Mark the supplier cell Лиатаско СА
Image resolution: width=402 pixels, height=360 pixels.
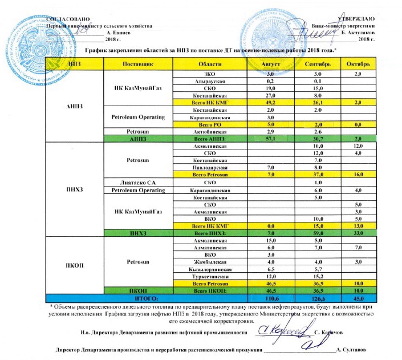pos(138,182)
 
